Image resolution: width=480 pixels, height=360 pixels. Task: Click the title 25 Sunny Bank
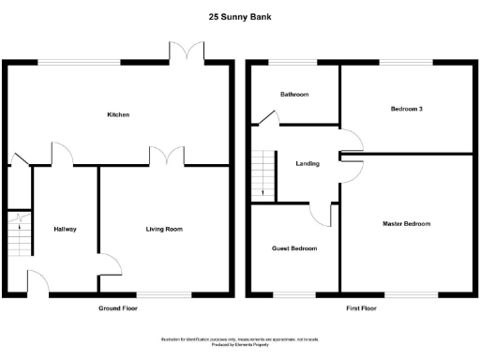239,16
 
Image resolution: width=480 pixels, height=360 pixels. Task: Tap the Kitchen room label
118,114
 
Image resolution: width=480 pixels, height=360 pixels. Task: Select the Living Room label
163,229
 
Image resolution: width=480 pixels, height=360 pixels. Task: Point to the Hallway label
65,229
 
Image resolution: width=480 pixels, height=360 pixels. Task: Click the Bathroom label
295,95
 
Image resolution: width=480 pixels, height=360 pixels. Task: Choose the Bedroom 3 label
407,109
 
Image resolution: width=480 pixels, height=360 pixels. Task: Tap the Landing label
307,163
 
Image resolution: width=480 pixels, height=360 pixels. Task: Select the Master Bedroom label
407,223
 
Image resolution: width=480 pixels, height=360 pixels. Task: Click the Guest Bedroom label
294,248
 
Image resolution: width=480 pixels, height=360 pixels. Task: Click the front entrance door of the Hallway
39,282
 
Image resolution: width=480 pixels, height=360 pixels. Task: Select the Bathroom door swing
268,116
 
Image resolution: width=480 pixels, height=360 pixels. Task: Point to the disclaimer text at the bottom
239,340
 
